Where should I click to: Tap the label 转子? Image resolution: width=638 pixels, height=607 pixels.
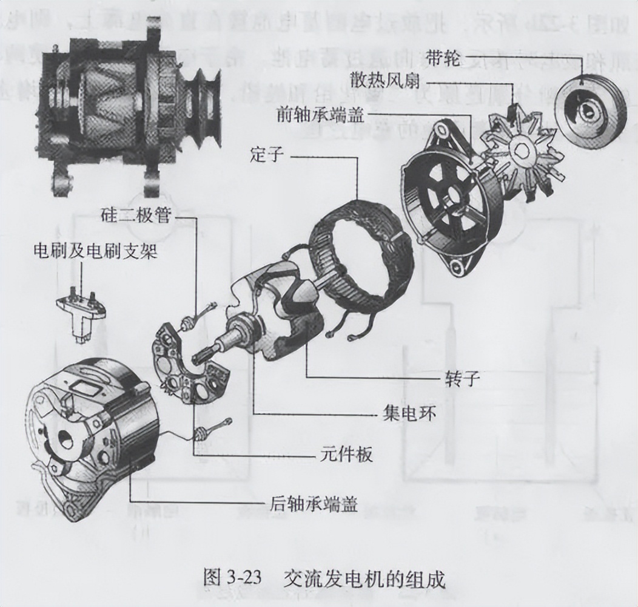(463, 379)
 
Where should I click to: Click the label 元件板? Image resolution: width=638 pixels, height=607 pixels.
(346, 455)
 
